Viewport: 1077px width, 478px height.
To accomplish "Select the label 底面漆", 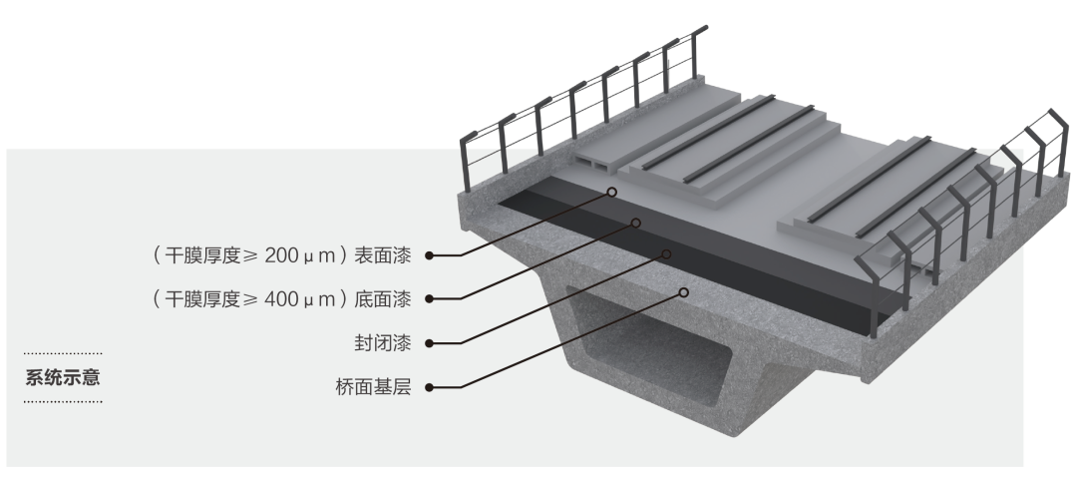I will click(390, 298).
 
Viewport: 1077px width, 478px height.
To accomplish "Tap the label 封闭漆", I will click(390, 343).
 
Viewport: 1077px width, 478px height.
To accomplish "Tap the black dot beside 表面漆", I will click(429, 255).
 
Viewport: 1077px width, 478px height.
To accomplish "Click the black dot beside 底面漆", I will click(429, 298).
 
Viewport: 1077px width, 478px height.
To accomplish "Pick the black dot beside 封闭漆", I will click(429, 343).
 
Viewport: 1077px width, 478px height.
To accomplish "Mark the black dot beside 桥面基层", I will click(429, 386).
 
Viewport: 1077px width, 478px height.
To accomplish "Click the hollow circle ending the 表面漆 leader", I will click(612, 192).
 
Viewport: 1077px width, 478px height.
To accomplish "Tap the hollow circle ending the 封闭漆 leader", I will click(666, 253).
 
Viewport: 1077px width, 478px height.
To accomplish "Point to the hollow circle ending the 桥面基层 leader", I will click(684, 292).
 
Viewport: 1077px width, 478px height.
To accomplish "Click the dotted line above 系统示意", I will click(62, 353).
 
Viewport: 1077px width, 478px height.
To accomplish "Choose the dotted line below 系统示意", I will click(62, 402).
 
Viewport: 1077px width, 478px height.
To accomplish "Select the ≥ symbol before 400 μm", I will click(255, 298).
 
